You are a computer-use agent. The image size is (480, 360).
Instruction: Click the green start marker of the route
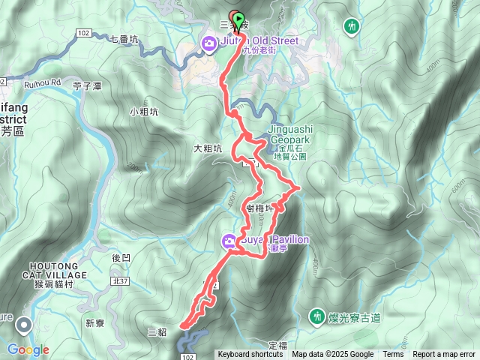(238, 18)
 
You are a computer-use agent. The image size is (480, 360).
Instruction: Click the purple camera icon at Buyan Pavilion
(228, 241)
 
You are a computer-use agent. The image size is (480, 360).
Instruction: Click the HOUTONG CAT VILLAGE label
(59, 271)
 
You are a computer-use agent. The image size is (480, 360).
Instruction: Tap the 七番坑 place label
(124, 39)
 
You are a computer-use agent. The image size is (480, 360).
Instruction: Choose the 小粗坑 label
(143, 112)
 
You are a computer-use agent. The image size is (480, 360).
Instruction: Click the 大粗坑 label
(208, 148)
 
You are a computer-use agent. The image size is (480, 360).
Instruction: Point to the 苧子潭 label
(88, 86)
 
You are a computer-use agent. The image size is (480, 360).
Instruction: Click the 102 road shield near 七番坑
(83, 32)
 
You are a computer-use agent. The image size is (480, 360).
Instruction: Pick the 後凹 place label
(121, 257)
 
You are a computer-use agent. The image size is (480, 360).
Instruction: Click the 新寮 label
(94, 323)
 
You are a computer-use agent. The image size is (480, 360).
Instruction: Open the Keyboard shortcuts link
(250, 355)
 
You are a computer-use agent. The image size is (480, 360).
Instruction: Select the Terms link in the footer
(393, 355)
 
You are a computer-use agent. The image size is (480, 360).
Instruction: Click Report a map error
(444, 355)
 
